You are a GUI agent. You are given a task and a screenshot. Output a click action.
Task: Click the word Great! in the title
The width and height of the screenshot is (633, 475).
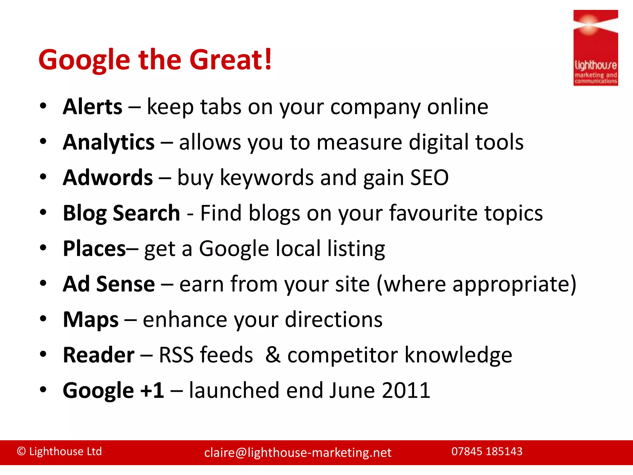tap(231, 59)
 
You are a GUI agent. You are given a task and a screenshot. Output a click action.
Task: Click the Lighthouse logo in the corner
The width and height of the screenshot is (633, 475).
tap(595, 48)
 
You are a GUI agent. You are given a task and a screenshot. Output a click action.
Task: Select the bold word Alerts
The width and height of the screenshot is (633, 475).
tap(92, 107)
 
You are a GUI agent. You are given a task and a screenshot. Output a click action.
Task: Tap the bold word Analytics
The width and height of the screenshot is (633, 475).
tap(108, 142)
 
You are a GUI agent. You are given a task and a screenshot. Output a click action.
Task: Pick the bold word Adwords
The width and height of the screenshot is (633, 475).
tap(108, 178)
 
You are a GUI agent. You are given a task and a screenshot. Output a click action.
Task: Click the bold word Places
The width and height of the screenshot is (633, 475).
tap(94, 249)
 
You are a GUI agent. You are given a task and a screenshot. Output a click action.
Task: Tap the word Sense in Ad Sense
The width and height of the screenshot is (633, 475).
tap(125, 284)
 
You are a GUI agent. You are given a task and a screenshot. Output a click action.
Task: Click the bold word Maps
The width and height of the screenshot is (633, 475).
tap(91, 319)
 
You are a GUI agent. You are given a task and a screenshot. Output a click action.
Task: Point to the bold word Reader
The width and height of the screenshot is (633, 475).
tap(99, 355)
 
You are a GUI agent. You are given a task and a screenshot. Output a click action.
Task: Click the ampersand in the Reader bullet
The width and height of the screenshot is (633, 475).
tap(273, 355)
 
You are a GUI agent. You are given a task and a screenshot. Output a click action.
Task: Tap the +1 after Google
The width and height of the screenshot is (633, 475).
tap(152, 390)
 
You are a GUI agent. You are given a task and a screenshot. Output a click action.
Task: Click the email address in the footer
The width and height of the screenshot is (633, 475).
tap(298, 453)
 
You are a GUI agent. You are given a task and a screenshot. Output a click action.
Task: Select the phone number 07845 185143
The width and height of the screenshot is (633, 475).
tap(487, 451)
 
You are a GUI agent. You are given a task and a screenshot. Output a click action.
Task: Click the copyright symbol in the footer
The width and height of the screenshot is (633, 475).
tap(21, 451)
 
